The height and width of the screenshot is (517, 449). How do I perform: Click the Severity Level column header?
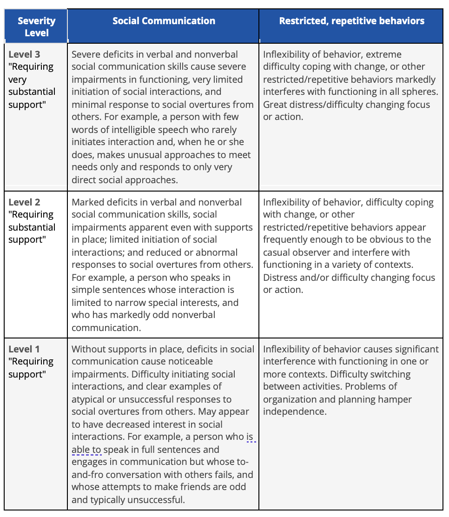(36, 26)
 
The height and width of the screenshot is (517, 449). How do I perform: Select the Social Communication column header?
(164, 21)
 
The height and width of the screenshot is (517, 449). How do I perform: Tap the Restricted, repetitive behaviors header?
(351, 21)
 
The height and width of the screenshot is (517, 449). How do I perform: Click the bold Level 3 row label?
(24, 54)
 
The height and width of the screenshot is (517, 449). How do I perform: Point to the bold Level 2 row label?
(24, 202)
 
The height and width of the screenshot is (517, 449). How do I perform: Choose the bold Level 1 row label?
(24, 349)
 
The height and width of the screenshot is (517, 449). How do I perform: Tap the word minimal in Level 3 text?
(89, 105)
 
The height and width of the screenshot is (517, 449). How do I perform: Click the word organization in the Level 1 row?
(291, 399)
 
